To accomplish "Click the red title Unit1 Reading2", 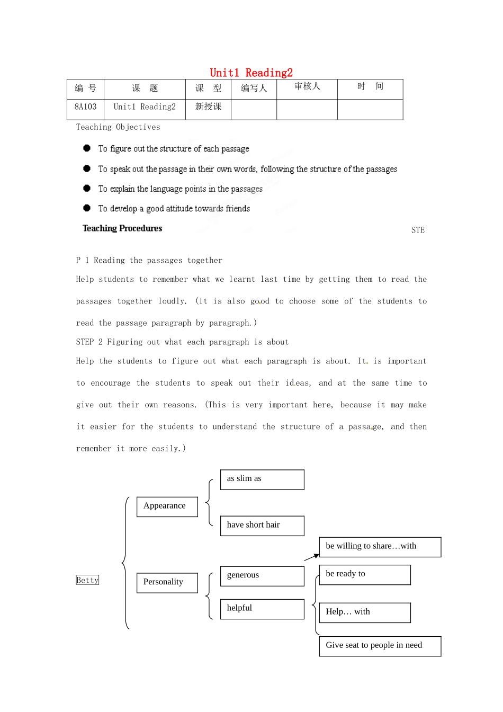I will (x=251, y=73).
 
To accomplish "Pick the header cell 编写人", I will (x=254, y=88).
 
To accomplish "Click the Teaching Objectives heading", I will (x=118, y=127).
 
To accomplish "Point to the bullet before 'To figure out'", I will (x=87, y=148).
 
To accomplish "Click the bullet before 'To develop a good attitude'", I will (x=87, y=208).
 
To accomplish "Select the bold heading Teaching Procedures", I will (x=122, y=228).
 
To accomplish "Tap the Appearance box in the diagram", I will (x=167, y=506).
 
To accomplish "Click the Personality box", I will (x=167, y=582).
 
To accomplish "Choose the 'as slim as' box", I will (x=262, y=479).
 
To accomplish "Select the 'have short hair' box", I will (x=262, y=525).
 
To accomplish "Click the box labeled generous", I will (x=262, y=576).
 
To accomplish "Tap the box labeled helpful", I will (x=262, y=609).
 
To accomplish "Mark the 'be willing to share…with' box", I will (x=380, y=547).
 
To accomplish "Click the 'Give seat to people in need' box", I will (x=380, y=646).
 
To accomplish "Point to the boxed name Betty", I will (x=87, y=580).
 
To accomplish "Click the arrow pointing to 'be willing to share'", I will (x=311, y=557).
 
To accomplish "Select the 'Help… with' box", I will (x=365, y=612).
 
